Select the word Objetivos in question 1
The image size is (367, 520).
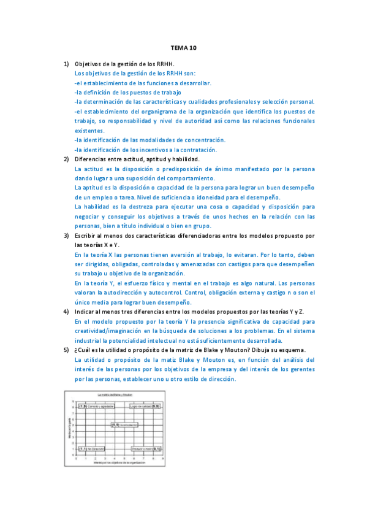click(89, 64)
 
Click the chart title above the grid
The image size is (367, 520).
click(116, 394)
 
